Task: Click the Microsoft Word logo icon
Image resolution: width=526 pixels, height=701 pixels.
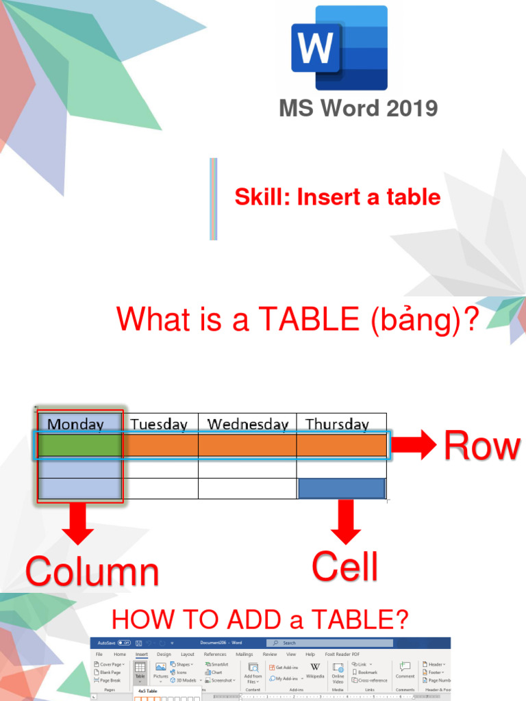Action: pos(339,48)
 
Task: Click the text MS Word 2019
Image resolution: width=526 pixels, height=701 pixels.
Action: pos(358,108)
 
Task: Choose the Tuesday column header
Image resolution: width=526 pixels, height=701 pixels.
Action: pos(159,424)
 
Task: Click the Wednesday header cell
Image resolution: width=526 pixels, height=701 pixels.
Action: pos(247,424)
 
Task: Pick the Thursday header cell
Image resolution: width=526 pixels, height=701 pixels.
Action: pos(337,424)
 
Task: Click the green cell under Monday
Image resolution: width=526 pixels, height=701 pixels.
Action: pos(79,446)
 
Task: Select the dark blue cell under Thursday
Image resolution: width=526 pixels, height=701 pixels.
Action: pos(342,488)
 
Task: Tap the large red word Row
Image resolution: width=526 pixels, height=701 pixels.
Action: pos(481,446)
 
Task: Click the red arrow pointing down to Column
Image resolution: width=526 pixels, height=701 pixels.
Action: pos(79,526)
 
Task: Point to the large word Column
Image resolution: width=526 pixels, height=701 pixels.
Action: pos(92,572)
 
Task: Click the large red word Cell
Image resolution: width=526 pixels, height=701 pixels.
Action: pos(345,567)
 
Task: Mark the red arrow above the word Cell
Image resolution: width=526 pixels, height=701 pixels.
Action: pos(345,522)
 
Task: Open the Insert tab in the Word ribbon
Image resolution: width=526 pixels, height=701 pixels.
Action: pos(141,654)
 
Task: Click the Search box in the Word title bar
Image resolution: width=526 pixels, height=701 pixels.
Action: pos(329,643)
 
